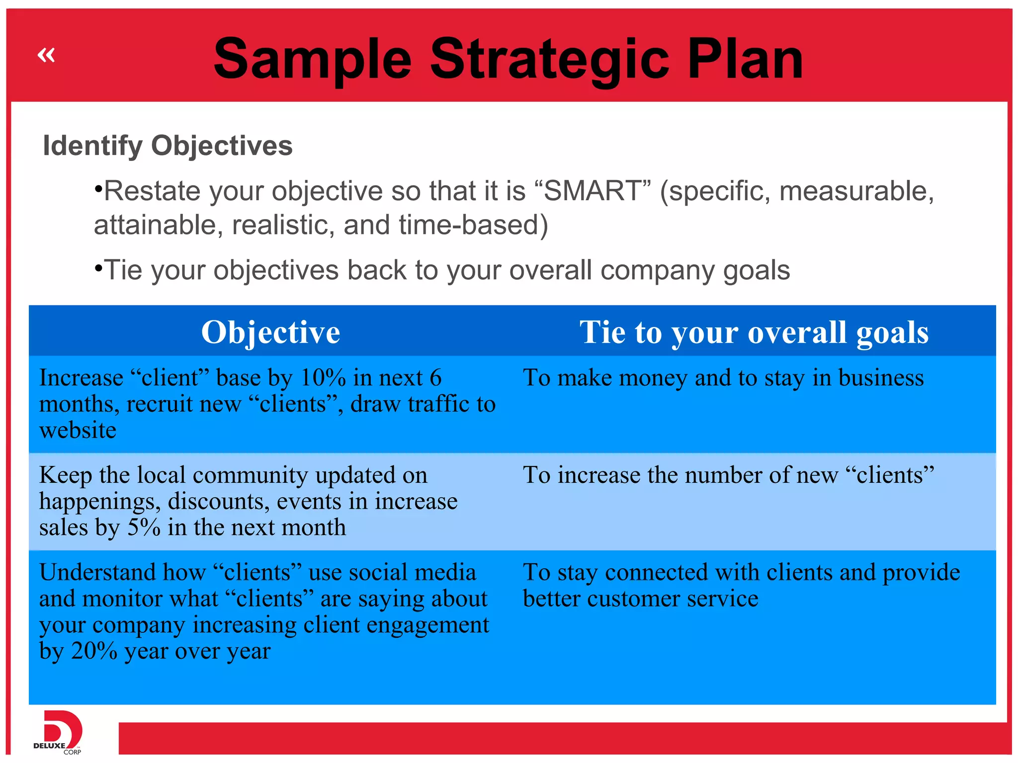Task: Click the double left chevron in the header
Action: [46, 55]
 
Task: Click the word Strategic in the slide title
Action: [549, 60]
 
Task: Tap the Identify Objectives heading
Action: [168, 146]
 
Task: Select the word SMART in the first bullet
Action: [592, 191]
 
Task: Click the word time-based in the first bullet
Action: [469, 225]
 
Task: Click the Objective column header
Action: [270, 332]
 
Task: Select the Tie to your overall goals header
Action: [754, 332]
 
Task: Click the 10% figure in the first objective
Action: [323, 378]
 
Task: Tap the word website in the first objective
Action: [78, 430]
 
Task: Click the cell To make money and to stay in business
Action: [723, 378]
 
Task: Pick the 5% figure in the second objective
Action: [144, 528]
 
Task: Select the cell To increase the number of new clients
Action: [728, 475]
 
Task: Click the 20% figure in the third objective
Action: [94, 651]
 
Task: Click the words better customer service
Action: [640, 599]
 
